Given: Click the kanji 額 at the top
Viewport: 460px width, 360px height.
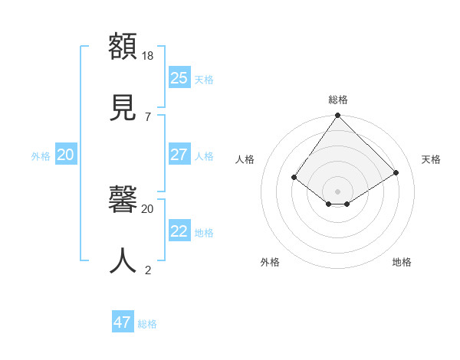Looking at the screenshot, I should point(123,45).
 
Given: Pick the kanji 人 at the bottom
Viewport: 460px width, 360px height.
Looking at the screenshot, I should point(123,260).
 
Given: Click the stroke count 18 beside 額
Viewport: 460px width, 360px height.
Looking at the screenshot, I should point(149,56).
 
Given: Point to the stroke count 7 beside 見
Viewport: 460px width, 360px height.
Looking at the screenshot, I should point(147,116).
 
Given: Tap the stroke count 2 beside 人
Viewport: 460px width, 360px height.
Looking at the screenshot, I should point(147,270).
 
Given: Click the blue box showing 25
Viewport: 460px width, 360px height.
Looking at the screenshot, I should point(179,78).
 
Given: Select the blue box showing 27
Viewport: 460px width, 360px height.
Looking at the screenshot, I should point(179,155).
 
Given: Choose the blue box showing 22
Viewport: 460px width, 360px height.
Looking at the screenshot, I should point(179,231).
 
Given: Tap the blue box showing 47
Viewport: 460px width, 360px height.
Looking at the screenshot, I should point(122,322).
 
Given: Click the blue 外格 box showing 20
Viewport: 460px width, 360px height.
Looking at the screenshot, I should point(65,155).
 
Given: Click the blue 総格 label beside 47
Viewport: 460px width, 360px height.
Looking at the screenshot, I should point(147,324).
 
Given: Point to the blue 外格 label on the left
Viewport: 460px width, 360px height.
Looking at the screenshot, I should point(41,156).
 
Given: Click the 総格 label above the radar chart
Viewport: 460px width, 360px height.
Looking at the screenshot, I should point(338,100).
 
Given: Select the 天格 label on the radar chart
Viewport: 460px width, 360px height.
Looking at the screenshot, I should point(432,159).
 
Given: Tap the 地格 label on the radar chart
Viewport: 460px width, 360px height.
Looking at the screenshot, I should point(402,262).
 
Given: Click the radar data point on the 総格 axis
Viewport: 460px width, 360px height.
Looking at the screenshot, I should point(338,115).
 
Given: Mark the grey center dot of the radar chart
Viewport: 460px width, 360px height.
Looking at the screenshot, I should point(338,191).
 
